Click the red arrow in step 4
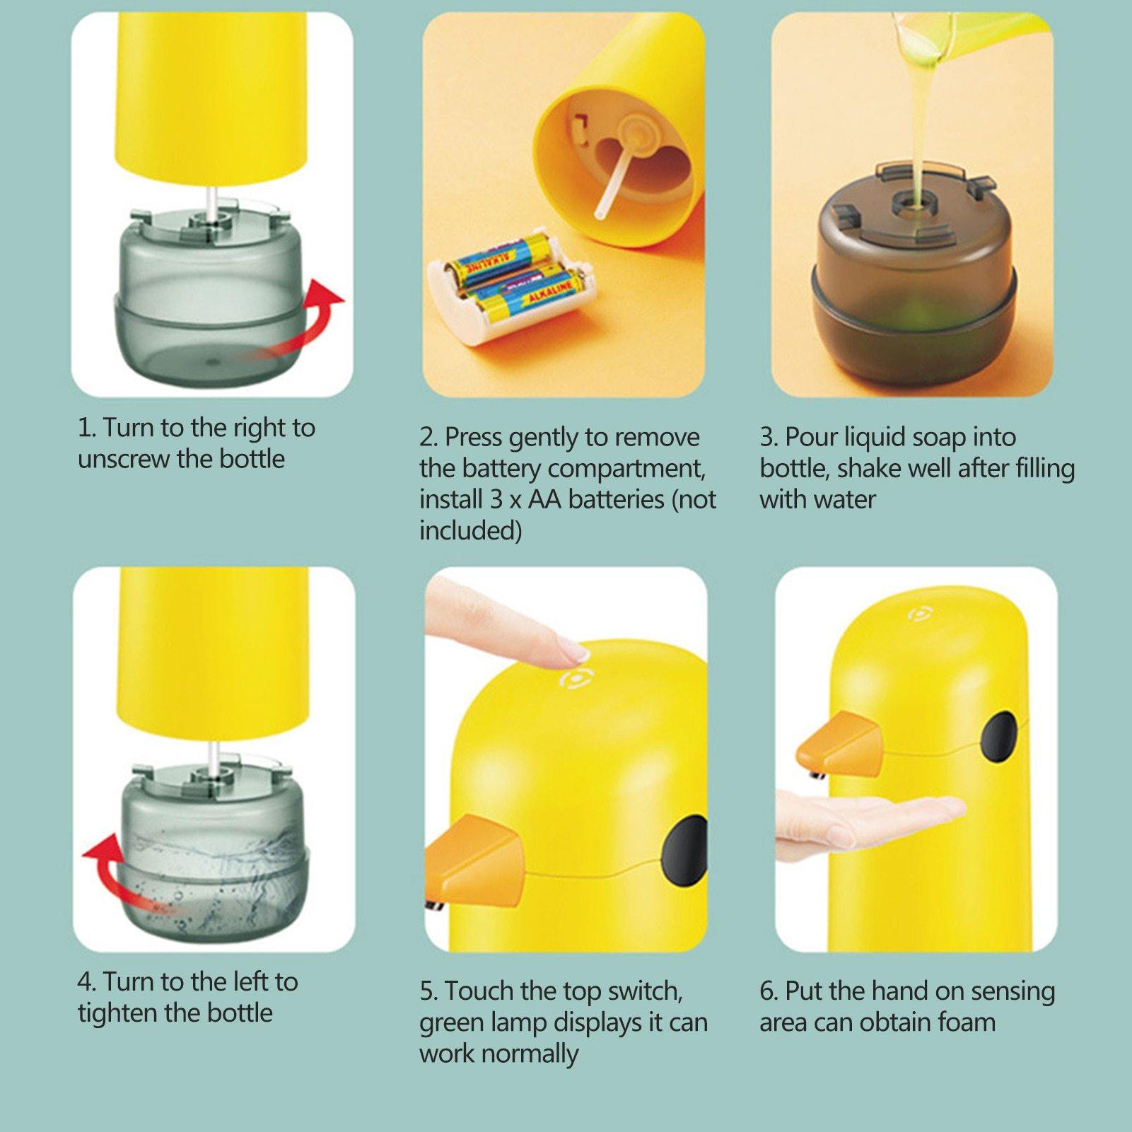click(106, 873)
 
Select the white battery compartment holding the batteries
click(511, 286)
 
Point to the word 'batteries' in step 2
click(616, 499)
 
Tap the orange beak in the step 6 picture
click(840, 745)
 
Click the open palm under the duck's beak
click(866, 820)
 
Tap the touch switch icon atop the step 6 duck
click(918, 613)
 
